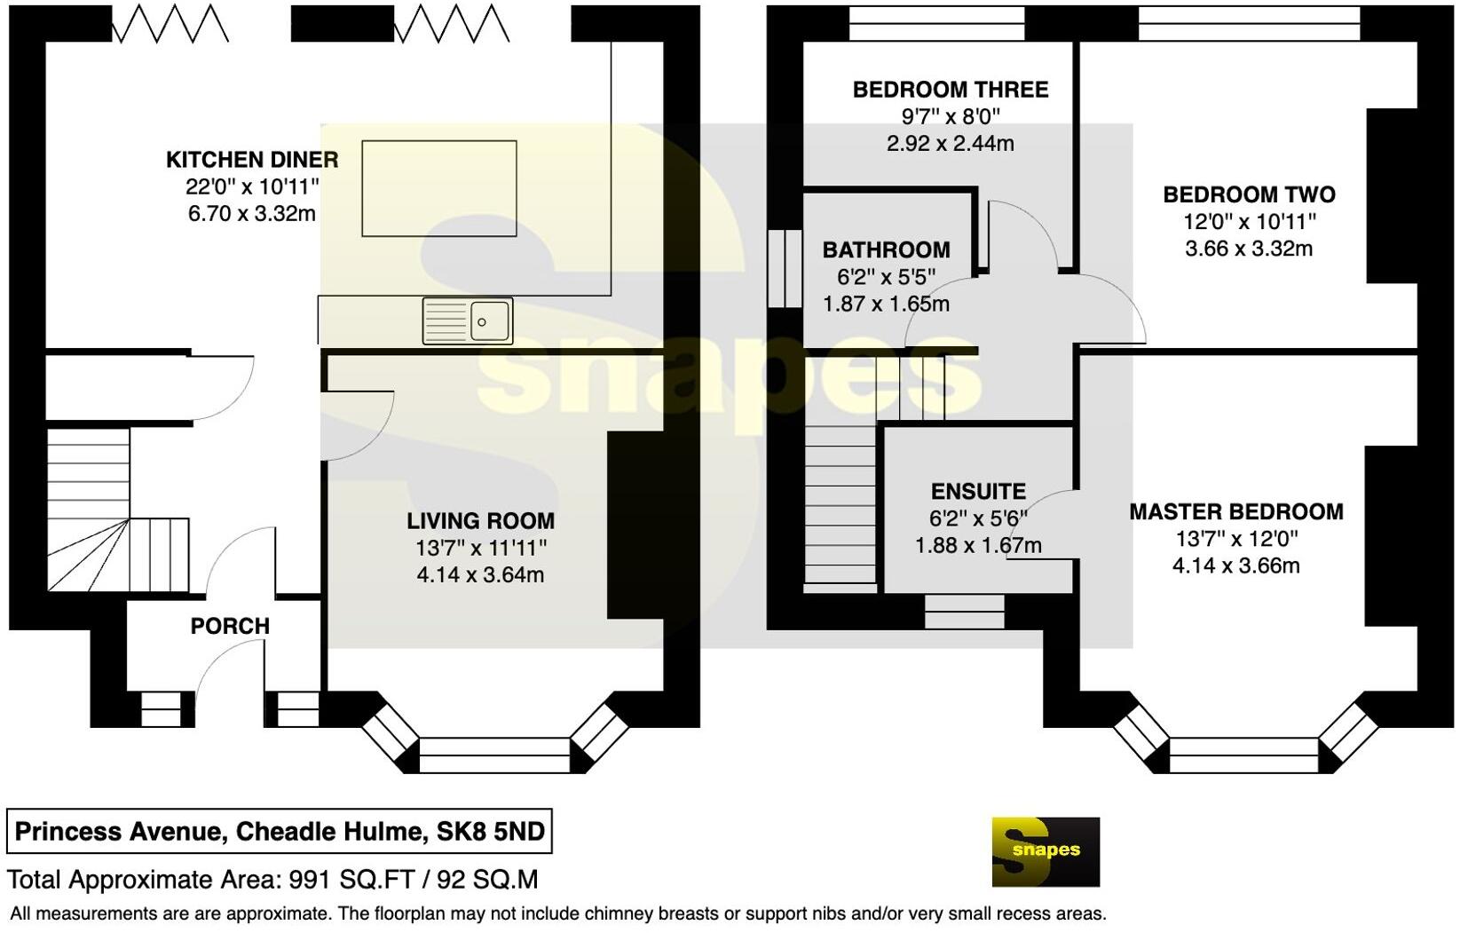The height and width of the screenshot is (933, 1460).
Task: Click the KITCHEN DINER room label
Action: click(252, 160)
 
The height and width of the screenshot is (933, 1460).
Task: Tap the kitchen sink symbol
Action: click(468, 320)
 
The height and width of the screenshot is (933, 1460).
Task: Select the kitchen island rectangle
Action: click(438, 188)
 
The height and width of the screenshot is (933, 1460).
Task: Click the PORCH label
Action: click(230, 626)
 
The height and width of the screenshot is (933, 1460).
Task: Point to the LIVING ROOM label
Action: click(480, 521)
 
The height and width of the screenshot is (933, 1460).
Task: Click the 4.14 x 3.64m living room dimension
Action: click(480, 575)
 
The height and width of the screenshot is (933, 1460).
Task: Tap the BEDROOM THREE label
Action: click(950, 90)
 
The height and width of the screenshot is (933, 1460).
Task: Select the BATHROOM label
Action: click(886, 250)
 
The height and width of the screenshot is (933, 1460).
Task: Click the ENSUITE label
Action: click(978, 492)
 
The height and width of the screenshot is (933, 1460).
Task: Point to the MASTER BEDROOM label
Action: click(1235, 512)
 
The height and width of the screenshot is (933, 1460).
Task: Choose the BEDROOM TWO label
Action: click(1249, 194)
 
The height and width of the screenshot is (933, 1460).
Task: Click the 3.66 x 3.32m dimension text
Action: click(1249, 249)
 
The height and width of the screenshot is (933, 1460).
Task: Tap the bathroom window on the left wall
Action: click(784, 269)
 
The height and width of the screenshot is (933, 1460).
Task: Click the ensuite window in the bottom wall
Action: click(964, 612)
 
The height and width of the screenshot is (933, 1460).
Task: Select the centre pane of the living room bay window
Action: click(493, 755)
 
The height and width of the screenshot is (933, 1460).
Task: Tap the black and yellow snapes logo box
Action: click(1045, 851)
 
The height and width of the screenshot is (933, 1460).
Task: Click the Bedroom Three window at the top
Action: click(936, 23)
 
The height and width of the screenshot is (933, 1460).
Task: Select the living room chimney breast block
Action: click(635, 525)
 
